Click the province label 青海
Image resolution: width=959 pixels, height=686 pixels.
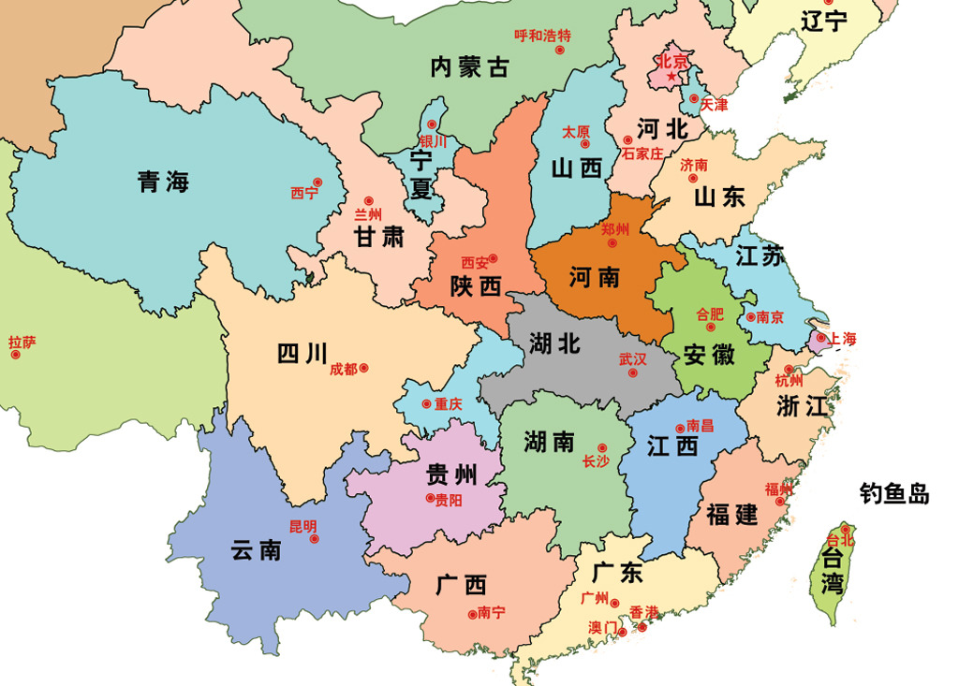tap(163, 182)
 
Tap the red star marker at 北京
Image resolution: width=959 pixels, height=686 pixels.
tap(671, 76)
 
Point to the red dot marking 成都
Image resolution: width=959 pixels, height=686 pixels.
tap(364, 368)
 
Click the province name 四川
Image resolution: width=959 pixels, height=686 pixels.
tap(302, 354)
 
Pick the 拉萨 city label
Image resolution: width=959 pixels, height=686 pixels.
tap(22, 343)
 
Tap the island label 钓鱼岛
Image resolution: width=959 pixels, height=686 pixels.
tap(894, 493)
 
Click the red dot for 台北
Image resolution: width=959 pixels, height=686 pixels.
tap(845, 530)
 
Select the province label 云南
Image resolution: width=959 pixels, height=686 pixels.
tap(256, 549)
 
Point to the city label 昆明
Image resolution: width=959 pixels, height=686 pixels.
tap(302, 525)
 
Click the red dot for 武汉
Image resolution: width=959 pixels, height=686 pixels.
tap(633, 372)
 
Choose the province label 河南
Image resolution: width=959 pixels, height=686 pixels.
tap(595, 277)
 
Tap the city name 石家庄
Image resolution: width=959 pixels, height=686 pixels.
tap(642, 153)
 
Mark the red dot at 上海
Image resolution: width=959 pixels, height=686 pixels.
tap(820, 337)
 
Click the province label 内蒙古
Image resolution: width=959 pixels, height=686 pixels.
tap(470, 66)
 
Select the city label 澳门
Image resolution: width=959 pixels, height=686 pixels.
tap(603, 626)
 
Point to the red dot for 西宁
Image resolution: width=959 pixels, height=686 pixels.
tap(317, 182)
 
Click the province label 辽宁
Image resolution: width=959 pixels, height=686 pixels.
tap(824, 21)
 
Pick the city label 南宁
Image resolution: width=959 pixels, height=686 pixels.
tap(491, 613)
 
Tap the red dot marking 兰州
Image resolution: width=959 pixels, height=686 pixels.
tap(368, 200)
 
